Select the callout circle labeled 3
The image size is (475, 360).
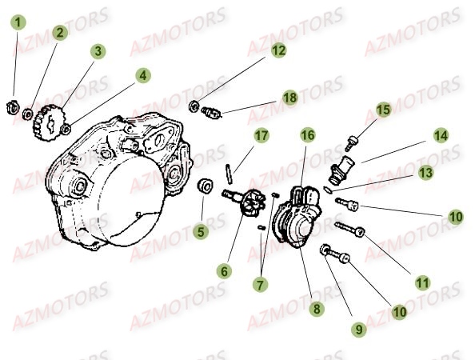(x=98, y=51)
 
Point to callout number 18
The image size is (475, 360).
(x=289, y=97)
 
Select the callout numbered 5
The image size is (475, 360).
(x=202, y=233)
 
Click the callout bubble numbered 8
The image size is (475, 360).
(x=317, y=307)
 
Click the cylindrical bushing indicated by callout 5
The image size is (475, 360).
(x=205, y=188)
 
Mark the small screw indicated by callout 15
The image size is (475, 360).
(x=351, y=144)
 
